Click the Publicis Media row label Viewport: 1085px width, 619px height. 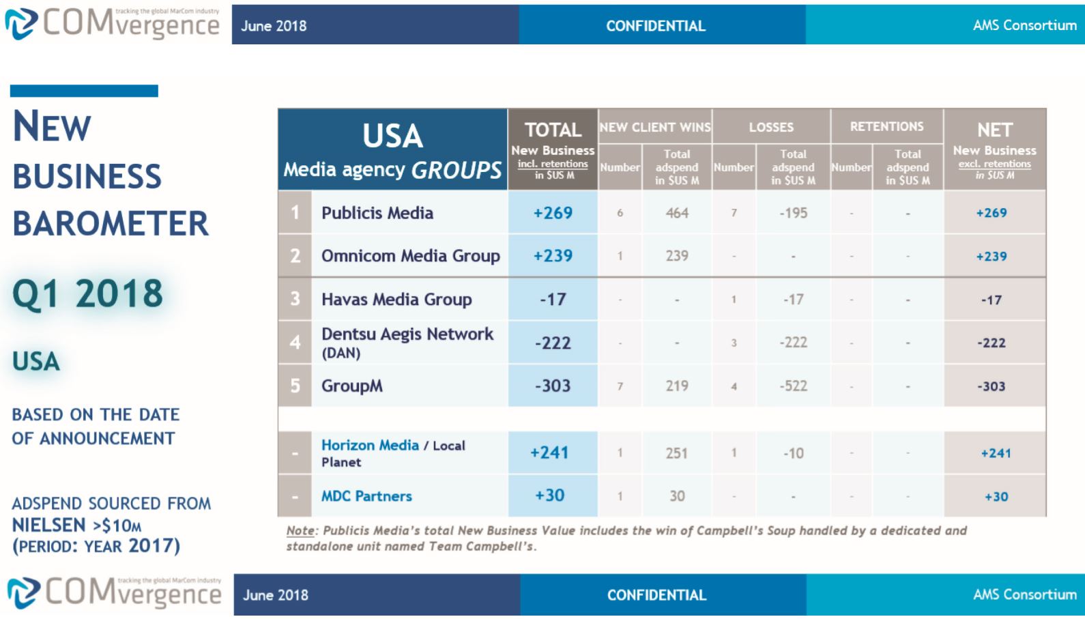tap(377, 213)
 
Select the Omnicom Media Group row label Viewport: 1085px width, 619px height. tap(410, 256)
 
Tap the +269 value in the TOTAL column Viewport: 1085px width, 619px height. tap(553, 213)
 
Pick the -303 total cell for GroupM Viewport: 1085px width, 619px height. tap(553, 386)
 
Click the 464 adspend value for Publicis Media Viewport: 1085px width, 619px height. tap(677, 213)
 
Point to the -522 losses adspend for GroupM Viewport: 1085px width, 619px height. tap(793, 386)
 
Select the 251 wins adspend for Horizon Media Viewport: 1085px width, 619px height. tap(677, 453)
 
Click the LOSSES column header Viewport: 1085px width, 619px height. tap(771, 127)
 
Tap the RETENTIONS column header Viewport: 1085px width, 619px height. tap(886, 126)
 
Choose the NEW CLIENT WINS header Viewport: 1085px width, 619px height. tap(655, 127)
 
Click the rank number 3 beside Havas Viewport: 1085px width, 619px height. tap(295, 299)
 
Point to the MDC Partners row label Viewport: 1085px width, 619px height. tap(366, 496)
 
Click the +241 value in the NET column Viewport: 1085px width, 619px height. tap(996, 453)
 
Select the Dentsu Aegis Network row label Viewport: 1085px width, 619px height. tap(407, 334)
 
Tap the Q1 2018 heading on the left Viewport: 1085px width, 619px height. tap(88, 294)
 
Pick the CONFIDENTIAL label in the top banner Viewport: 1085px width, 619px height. tap(655, 26)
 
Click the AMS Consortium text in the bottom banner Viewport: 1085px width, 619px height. tap(1024, 594)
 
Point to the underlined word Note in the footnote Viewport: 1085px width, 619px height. tap(300, 531)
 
